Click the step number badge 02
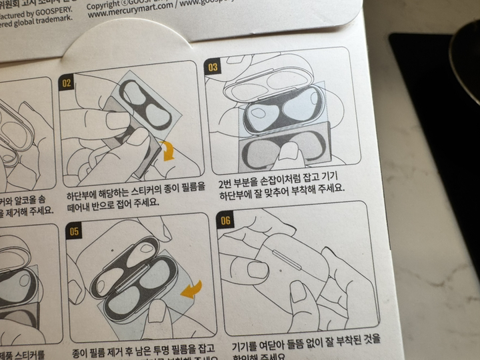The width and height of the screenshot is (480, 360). tap(67, 83)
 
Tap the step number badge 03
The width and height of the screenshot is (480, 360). tap(213, 67)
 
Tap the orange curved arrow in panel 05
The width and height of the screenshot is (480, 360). tap(191, 289)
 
